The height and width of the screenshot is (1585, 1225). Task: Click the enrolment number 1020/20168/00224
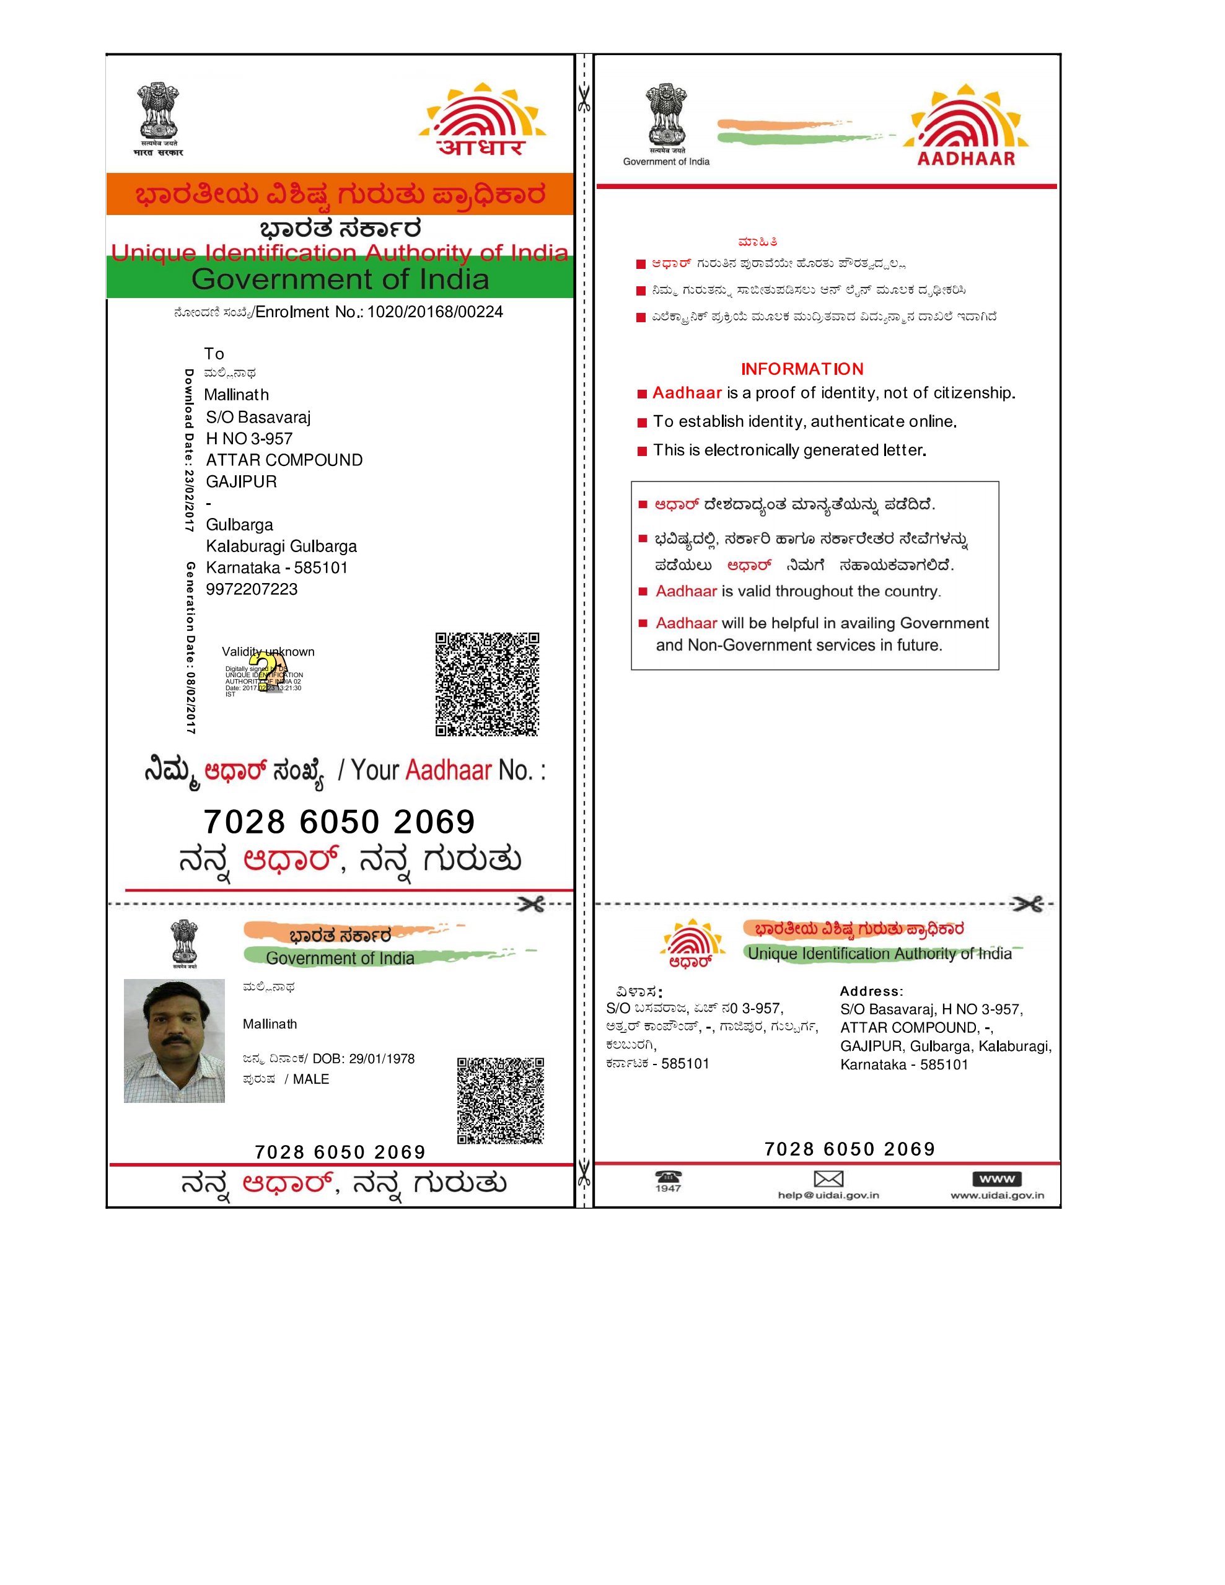pos(435,312)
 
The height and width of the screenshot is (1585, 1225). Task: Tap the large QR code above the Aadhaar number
pos(487,683)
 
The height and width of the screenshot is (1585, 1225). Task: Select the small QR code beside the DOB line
pos(500,1100)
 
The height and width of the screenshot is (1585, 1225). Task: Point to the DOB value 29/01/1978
pos(382,1059)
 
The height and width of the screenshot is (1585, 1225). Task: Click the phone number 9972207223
pos(252,589)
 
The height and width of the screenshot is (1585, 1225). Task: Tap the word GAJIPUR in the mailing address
pos(241,482)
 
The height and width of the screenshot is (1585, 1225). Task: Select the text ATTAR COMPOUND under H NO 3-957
pos(284,460)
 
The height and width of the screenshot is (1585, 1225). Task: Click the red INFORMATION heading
pos(802,369)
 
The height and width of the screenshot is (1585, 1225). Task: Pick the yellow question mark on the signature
pos(271,672)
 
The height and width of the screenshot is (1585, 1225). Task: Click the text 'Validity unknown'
pos(268,652)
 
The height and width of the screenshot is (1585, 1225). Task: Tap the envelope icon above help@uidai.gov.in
pos(828,1179)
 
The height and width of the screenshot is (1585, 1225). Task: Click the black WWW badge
pos(996,1179)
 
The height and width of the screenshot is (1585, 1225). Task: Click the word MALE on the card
pos(310,1079)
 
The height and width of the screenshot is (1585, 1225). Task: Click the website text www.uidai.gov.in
pos(997,1195)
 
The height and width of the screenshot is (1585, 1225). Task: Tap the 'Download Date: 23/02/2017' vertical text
pos(189,450)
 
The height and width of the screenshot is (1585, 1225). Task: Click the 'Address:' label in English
pos(871,991)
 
